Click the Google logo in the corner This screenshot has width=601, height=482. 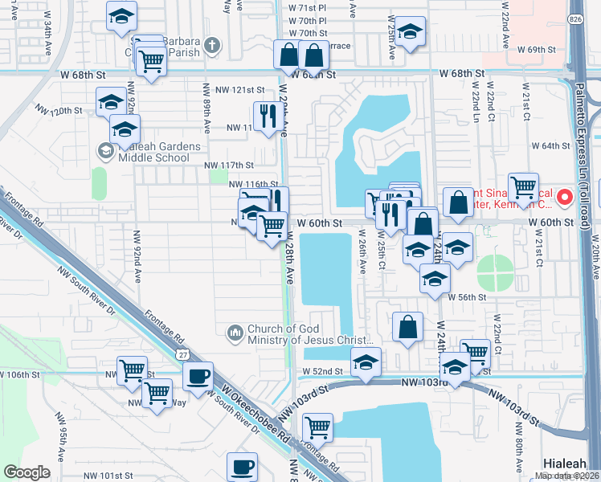(27, 472)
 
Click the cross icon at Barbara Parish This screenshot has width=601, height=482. (211, 44)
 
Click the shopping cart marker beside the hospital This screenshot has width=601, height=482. (523, 187)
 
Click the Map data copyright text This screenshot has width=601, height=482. (567, 476)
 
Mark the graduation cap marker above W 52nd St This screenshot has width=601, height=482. (366, 362)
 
